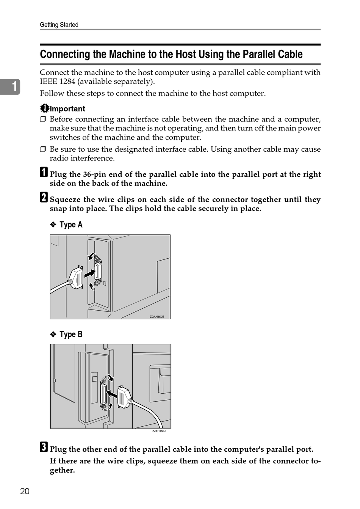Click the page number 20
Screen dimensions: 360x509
[25, 492]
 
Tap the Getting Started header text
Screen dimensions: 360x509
[59, 25]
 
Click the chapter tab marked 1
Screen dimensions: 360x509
[10, 86]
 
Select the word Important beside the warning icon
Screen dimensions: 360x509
[67, 109]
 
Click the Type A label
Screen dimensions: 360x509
[71, 225]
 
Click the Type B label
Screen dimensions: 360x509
[71, 335]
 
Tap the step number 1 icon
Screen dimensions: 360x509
[44, 172]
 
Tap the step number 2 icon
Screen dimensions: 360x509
[44, 197]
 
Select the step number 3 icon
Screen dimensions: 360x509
[44, 447]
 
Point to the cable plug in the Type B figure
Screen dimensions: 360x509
[124, 397]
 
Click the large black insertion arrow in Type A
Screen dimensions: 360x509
[89, 273]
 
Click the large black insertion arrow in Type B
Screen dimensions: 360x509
[112, 394]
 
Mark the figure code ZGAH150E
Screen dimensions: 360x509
[157, 317]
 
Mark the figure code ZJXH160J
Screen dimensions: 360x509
[159, 431]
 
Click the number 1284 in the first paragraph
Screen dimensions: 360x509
[67, 82]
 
